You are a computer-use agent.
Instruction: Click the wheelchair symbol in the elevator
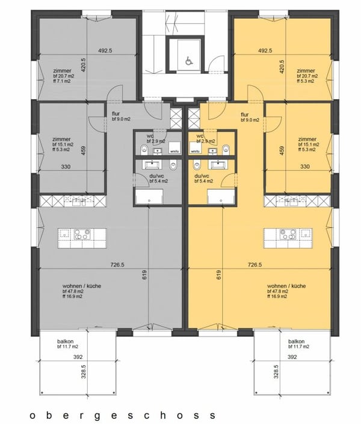[x=187, y=61]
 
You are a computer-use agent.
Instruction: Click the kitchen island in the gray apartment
[x=82, y=237]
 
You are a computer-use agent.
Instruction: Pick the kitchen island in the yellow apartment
[x=287, y=237]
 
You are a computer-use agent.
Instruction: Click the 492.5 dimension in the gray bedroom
[x=106, y=51]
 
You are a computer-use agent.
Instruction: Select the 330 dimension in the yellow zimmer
[x=305, y=167]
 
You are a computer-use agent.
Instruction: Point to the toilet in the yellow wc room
[x=226, y=148]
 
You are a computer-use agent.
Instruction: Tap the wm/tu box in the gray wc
[x=174, y=151]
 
